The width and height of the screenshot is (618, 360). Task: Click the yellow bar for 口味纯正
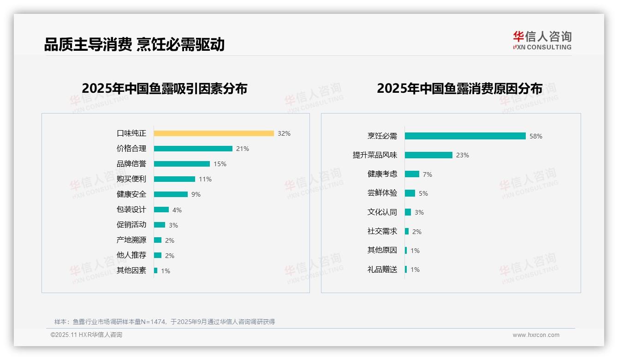click(214, 133)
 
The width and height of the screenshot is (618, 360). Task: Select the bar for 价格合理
click(193, 149)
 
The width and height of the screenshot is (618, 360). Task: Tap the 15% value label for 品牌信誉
click(220, 164)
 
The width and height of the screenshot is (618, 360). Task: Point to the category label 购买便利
click(131, 179)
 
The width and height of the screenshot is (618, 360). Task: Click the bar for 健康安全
click(171, 194)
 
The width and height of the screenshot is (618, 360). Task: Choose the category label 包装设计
click(131, 210)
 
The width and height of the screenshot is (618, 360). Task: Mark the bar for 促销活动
click(159, 225)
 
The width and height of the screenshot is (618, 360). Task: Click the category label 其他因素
click(131, 270)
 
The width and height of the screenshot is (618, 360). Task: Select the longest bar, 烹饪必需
click(465, 136)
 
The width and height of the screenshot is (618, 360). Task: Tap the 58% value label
click(536, 137)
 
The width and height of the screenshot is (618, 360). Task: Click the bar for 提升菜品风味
click(428, 155)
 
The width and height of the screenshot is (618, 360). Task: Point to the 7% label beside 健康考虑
click(427, 174)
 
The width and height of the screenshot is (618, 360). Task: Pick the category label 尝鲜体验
click(382, 193)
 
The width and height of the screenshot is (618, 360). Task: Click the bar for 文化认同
click(408, 212)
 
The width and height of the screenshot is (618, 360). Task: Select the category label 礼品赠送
click(382, 270)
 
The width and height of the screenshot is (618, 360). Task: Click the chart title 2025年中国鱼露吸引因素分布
click(165, 89)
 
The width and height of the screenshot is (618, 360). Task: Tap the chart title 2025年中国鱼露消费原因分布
click(459, 89)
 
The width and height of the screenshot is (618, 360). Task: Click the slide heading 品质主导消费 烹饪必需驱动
click(134, 45)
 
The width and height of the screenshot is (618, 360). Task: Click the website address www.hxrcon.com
click(536, 335)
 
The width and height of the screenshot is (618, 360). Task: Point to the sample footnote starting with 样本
click(165, 322)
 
